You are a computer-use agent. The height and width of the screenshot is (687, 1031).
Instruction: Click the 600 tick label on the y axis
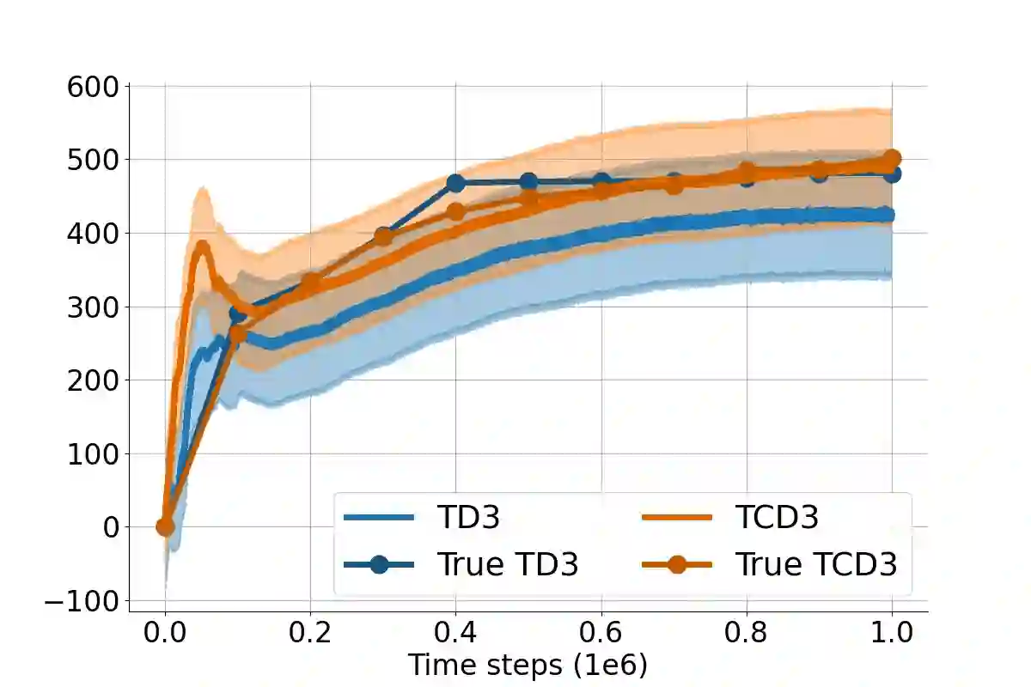point(95,86)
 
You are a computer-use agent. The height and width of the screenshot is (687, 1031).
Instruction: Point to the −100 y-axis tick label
point(82,601)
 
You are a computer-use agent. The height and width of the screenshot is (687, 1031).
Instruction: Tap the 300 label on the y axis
point(95,307)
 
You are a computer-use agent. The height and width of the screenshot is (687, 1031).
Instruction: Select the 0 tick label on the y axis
point(112,527)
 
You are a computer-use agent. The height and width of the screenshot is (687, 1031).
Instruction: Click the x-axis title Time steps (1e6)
point(528,666)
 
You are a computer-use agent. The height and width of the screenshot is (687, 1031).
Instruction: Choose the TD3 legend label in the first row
point(468,517)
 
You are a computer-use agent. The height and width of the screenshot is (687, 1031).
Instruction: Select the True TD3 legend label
point(508,564)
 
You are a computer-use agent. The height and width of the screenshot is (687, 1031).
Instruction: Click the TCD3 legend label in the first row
point(777,517)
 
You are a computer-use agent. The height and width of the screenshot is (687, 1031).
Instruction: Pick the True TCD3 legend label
point(815,564)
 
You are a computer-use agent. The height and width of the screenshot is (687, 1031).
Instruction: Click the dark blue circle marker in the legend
point(379,564)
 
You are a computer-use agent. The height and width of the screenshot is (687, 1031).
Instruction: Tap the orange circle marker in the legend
point(677,564)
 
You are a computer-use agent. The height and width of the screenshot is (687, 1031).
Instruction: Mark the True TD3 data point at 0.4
point(455,183)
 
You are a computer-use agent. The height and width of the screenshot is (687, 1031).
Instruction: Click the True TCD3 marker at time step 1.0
point(892,159)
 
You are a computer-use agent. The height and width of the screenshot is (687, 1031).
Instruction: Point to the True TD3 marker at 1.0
point(892,173)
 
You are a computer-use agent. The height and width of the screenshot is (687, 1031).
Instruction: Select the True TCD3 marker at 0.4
point(455,211)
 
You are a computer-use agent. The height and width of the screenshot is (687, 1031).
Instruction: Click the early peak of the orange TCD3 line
point(202,246)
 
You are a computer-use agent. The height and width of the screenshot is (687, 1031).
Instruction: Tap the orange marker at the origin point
point(165,526)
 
